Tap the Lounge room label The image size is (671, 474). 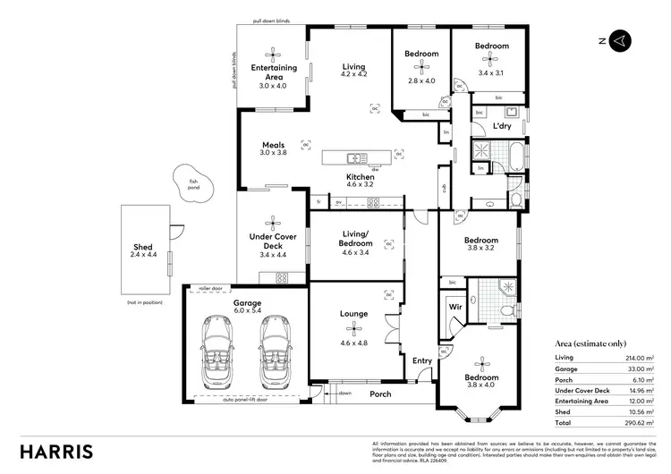point(354,315)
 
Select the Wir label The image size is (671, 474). point(454,307)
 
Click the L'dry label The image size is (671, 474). point(501,127)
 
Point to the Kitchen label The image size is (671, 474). point(360,177)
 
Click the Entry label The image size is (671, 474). point(422,361)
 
